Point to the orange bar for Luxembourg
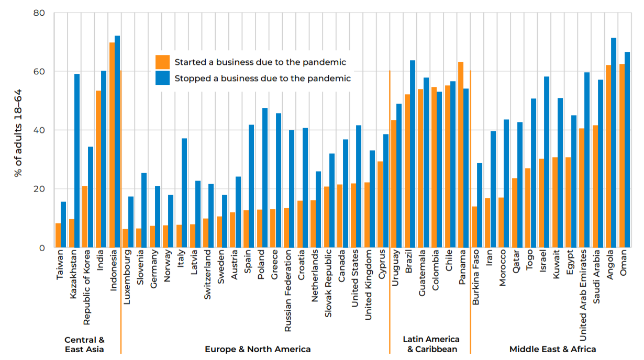point(125,238)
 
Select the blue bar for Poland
point(265,178)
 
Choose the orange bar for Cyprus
point(380,204)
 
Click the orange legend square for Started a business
point(163,62)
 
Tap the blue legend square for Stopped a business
point(163,78)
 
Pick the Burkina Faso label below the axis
point(475,280)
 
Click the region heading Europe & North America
point(258,349)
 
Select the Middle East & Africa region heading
point(552,349)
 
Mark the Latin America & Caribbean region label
point(431,344)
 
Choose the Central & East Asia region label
point(84,344)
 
